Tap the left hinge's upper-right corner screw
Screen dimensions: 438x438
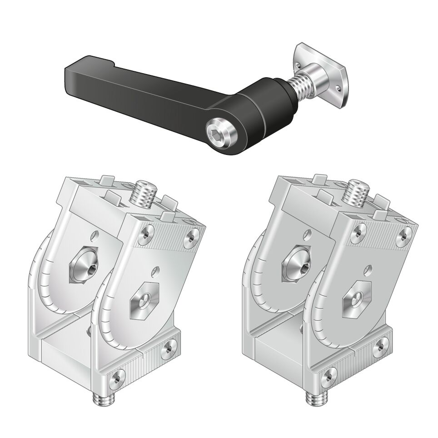192,237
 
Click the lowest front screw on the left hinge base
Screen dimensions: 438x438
117,378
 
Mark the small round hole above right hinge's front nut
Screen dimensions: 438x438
368,269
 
